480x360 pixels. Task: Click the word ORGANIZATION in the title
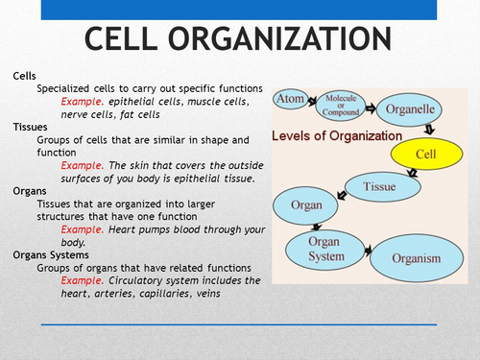(284, 39)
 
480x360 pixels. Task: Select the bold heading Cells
(25, 75)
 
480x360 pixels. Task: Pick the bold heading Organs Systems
(54, 254)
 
